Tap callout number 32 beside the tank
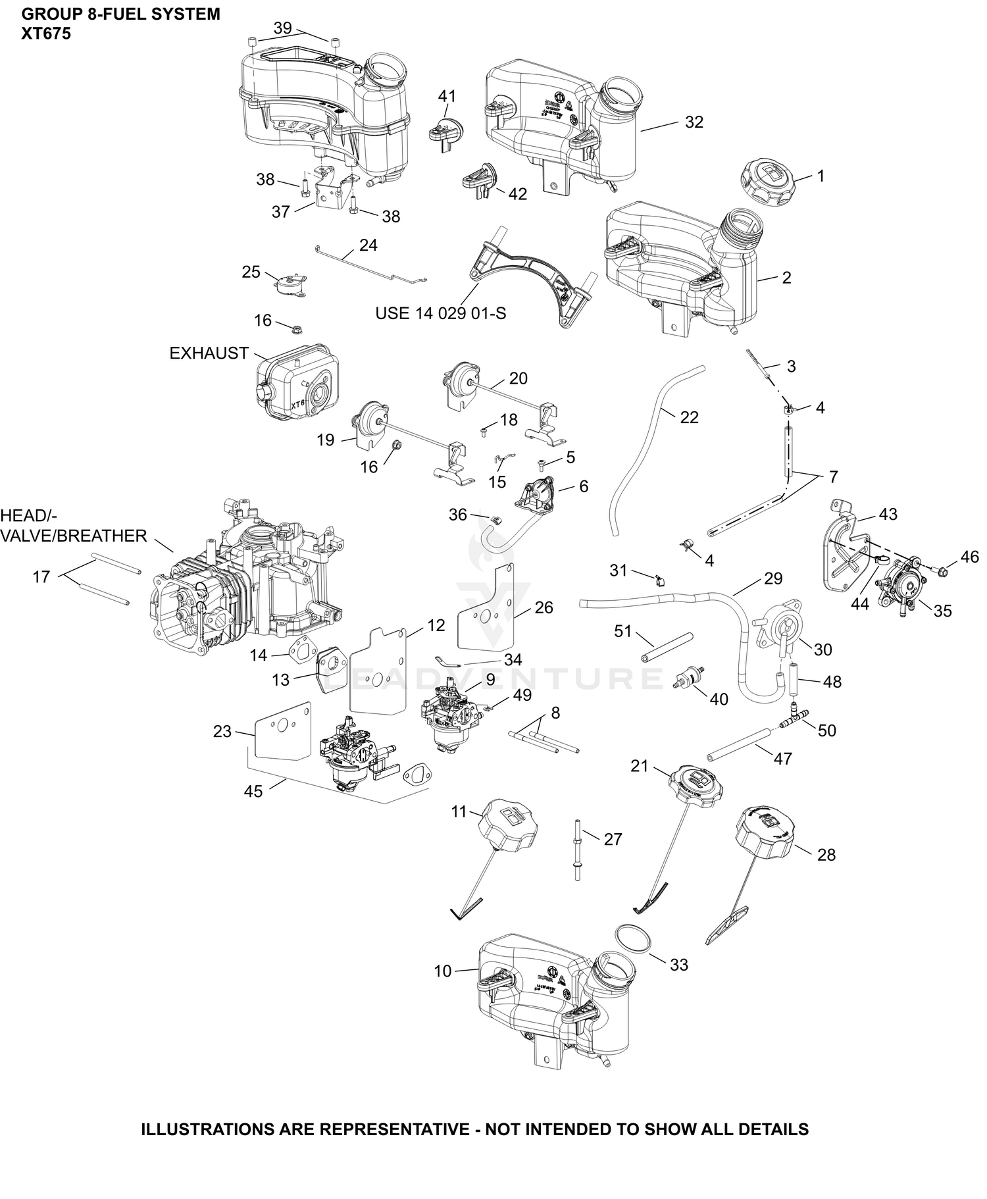click(694, 122)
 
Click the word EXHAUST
click(209, 353)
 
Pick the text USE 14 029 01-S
click(441, 313)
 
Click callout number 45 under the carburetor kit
click(253, 791)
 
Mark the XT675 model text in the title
click(46, 34)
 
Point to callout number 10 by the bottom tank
click(443, 971)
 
